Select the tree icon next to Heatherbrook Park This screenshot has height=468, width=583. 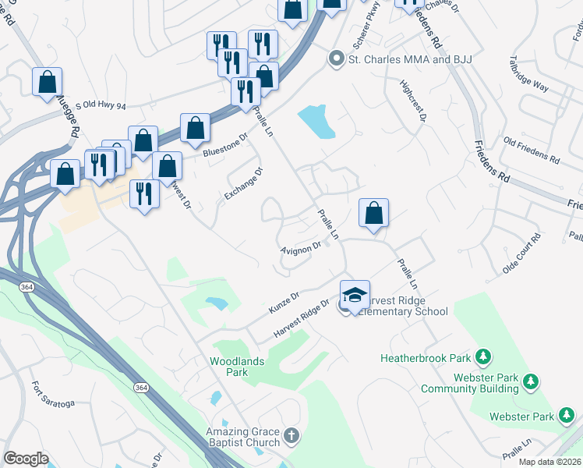pos(485,357)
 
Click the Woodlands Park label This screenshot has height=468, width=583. pos(238,367)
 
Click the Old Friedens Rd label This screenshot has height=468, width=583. pos(532,150)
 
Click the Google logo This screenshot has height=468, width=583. pos(26,458)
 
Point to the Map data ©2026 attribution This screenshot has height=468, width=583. pos(549,462)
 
